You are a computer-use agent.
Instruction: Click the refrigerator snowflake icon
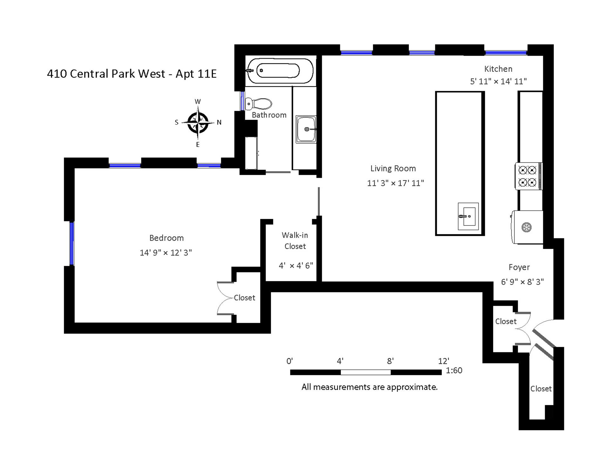tap(526, 227)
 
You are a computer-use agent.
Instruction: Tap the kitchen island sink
tap(468, 216)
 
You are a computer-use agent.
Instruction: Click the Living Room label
tap(393, 169)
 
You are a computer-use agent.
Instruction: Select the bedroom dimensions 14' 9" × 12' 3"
tap(166, 253)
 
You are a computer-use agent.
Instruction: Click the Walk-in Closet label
tap(295, 240)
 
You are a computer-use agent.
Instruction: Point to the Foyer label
tap(519, 267)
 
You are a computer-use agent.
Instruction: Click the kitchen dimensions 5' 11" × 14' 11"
tap(498, 81)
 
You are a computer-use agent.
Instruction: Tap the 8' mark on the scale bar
tap(390, 361)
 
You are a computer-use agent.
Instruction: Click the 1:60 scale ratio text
tap(454, 371)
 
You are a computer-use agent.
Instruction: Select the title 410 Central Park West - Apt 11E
tap(132, 74)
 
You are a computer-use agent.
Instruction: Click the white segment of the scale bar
tap(366, 372)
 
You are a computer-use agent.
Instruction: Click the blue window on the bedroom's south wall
tap(72, 243)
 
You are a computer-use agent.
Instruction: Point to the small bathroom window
tap(242, 101)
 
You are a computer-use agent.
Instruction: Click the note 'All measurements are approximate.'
tap(369, 387)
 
